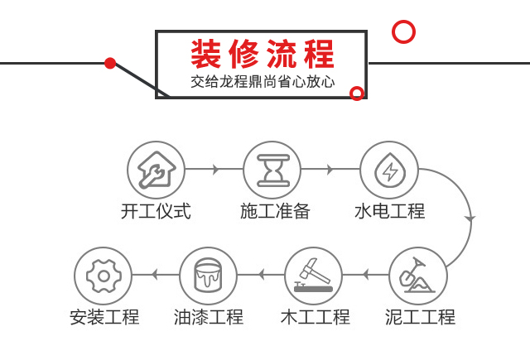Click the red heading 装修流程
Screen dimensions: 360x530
click(x=263, y=55)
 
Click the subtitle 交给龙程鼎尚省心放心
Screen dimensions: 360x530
click(x=262, y=83)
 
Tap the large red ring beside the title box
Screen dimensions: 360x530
click(x=403, y=32)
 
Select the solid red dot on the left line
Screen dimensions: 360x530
click(x=110, y=63)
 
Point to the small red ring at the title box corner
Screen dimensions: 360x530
click(x=357, y=93)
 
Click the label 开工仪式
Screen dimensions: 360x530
click(x=156, y=211)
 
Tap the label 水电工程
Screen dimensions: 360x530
click(x=389, y=211)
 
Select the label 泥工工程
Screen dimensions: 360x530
click(x=420, y=316)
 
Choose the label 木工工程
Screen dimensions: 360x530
click(x=315, y=316)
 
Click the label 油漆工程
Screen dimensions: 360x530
click(x=209, y=316)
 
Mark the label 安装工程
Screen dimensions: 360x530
click(x=104, y=316)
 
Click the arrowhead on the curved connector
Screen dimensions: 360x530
click(x=470, y=218)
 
